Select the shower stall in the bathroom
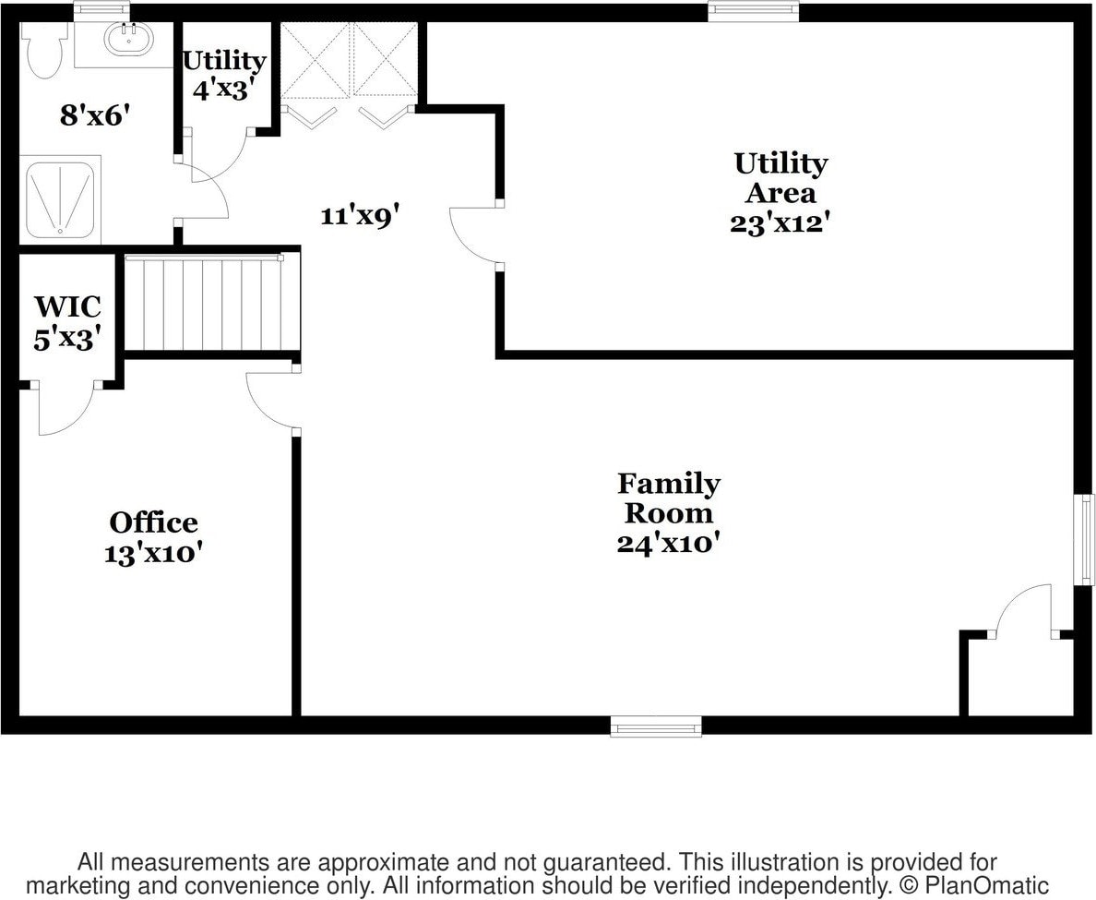point(57,201)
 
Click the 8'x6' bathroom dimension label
point(91,117)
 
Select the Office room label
point(153,522)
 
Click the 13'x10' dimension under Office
point(153,553)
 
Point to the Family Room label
point(669,498)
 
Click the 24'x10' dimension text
point(668,544)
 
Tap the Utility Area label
point(780,177)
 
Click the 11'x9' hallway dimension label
point(359,216)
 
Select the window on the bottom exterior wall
point(656,729)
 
